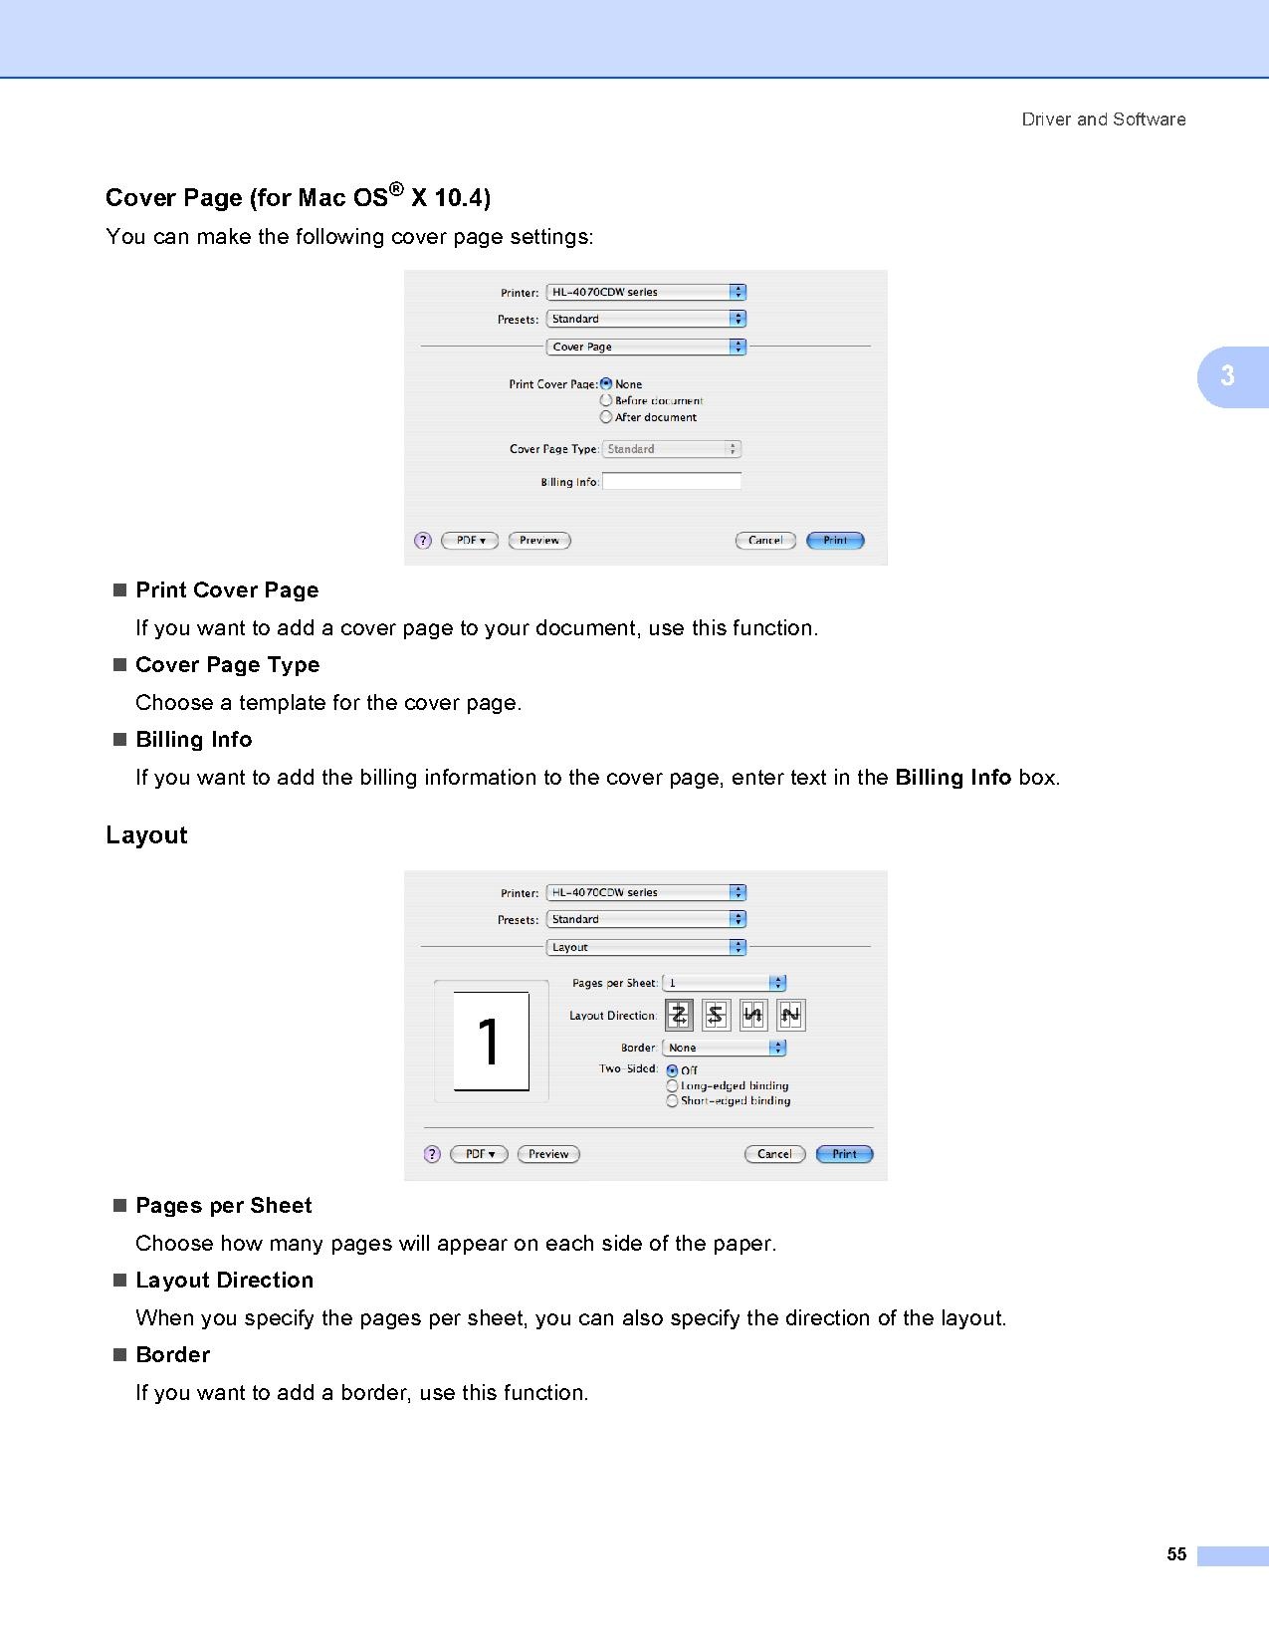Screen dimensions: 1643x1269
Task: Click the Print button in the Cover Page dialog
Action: coord(835,541)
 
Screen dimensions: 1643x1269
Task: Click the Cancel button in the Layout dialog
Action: coord(774,1154)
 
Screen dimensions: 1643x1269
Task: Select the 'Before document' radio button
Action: coord(606,401)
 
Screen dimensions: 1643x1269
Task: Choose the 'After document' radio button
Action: coord(606,417)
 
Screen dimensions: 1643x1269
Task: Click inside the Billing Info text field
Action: coord(672,482)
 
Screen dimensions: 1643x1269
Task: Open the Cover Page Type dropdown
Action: coord(672,449)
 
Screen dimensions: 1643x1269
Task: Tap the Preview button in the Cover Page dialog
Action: coord(539,541)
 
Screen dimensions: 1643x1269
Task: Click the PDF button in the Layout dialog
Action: coord(479,1154)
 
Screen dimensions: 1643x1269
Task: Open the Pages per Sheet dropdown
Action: coord(725,983)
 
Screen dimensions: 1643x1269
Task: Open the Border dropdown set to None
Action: coord(725,1048)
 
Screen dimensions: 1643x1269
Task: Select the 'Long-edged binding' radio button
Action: coord(672,1086)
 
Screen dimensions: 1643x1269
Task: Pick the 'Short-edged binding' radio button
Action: coord(672,1101)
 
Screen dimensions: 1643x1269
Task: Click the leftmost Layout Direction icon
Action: coord(679,1016)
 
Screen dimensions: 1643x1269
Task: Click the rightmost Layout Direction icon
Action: coord(790,1016)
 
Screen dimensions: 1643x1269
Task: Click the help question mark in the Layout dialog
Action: coord(432,1154)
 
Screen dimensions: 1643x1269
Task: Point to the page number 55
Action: coord(1176,1554)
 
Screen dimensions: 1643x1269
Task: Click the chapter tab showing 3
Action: coord(1229,376)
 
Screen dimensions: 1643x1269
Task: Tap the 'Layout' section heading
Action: coord(146,835)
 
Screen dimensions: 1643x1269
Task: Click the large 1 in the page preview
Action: coord(489,1042)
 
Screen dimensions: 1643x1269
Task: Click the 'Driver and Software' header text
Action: coord(1103,119)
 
